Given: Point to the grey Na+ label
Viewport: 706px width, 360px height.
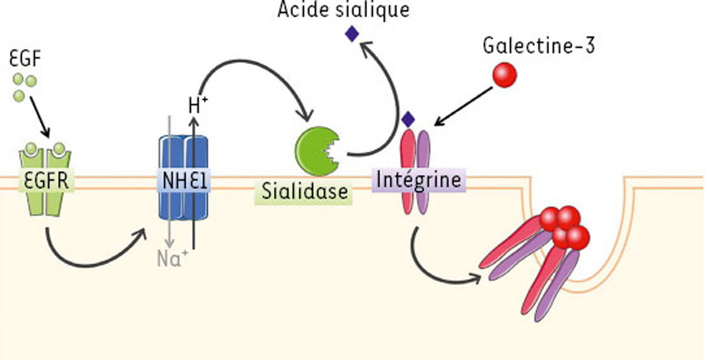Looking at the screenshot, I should [172, 258].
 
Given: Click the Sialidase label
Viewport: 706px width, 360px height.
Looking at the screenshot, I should [303, 191].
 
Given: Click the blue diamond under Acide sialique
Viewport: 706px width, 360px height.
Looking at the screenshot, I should [352, 34].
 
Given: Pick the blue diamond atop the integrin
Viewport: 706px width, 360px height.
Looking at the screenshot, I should [408, 119].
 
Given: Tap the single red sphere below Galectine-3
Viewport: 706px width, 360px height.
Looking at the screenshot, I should [504, 75].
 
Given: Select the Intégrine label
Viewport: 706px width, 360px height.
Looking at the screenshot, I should [418, 178].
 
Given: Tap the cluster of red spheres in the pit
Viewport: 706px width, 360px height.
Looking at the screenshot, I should [565, 226].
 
